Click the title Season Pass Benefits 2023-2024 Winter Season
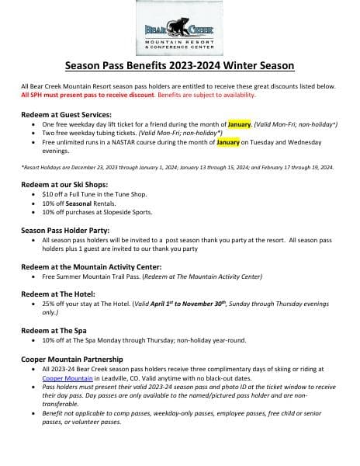[179, 66]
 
